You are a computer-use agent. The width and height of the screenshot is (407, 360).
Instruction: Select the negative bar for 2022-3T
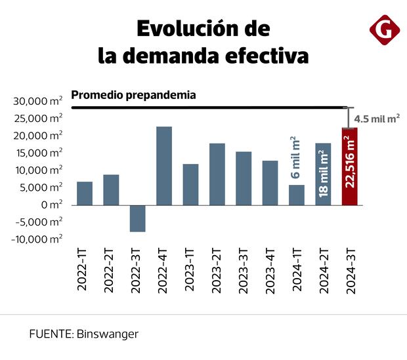137,218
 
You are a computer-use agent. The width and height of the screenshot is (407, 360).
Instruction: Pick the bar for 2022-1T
85,193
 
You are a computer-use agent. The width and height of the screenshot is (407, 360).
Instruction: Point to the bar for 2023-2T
217,174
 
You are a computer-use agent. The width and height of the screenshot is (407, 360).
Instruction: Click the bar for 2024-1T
297,195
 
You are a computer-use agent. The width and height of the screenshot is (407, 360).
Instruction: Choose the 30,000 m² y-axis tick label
38,101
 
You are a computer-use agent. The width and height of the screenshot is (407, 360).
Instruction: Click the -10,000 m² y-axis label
37,239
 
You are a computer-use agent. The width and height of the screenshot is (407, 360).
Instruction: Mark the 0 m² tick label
50,205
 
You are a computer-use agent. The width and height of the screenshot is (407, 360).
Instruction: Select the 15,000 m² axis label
38,153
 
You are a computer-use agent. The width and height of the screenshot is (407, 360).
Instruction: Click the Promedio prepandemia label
133,94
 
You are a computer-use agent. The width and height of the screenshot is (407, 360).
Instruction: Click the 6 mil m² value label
296,158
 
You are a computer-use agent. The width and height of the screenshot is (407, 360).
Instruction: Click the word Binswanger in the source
108,334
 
